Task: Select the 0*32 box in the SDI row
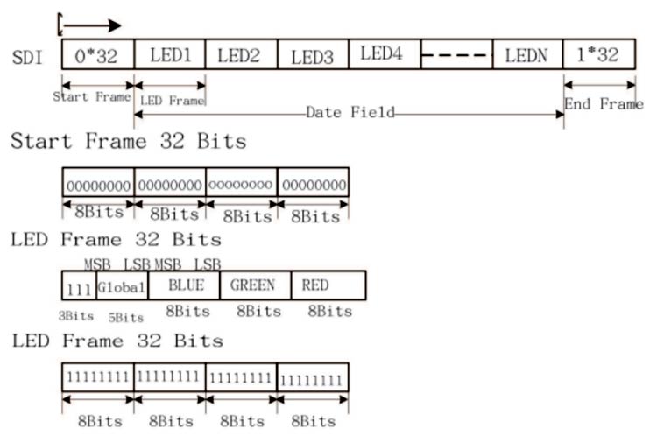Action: point(97,55)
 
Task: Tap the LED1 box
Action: point(170,55)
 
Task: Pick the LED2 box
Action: point(241,55)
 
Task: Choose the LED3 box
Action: point(313,56)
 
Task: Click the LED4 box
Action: point(384,54)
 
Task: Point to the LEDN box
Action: point(526,55)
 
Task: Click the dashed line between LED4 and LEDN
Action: point(456,55)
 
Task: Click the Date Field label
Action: point(350,113)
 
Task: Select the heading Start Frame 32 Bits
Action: point(128,141)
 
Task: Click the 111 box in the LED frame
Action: point(79,286)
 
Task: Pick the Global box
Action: point(122,285)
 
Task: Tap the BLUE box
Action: point(184,285)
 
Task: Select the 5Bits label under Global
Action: point(124,316)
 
